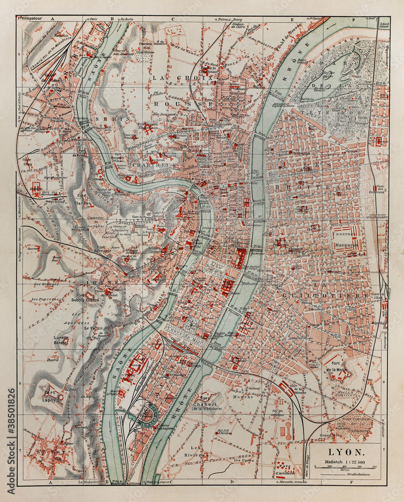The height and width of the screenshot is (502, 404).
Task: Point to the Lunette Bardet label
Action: (x=61, y=340)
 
